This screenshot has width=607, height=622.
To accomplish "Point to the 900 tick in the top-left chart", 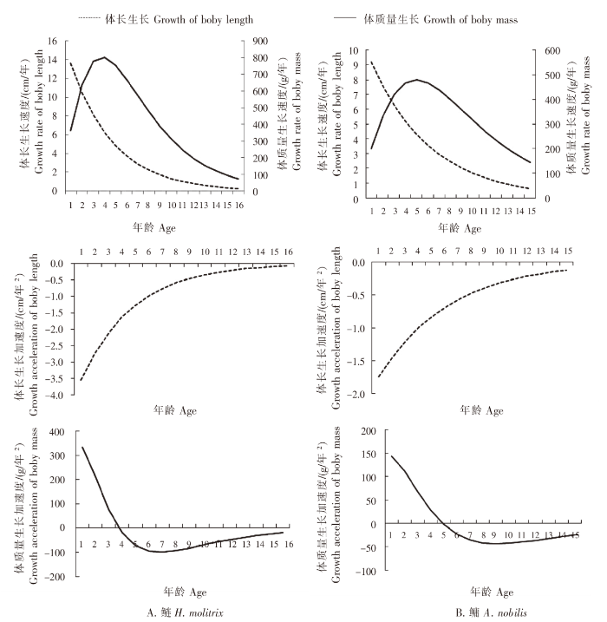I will tap(258, 41).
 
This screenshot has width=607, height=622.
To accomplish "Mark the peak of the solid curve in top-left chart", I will tap(104, 58).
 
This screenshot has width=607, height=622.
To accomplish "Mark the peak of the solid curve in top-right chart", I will tap(417, 80).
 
